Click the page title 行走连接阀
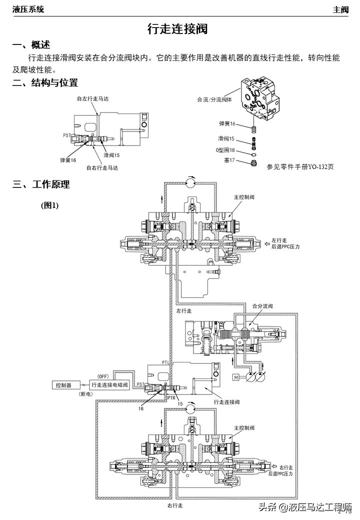(177, 29)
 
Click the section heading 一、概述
(31, 45)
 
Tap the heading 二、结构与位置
(45, 83)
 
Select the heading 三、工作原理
(41, 184)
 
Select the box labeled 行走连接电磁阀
(110, 385)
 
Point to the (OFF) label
(102, 376)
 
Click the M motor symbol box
(236, 376)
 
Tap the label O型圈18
(225, 150)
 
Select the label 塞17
(228, 160)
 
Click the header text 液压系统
(28, 9)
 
